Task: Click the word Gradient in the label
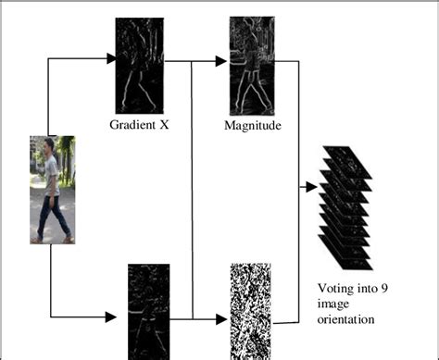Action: point(132,123)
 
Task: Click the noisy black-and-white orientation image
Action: point(251,311)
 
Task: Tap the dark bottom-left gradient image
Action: point(147,311)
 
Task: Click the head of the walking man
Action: point(49,147)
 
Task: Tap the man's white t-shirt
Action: point(51,175)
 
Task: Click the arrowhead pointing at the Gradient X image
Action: point(111,59)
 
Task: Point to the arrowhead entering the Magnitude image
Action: point(221,61)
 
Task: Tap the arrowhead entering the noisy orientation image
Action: point(221,318)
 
